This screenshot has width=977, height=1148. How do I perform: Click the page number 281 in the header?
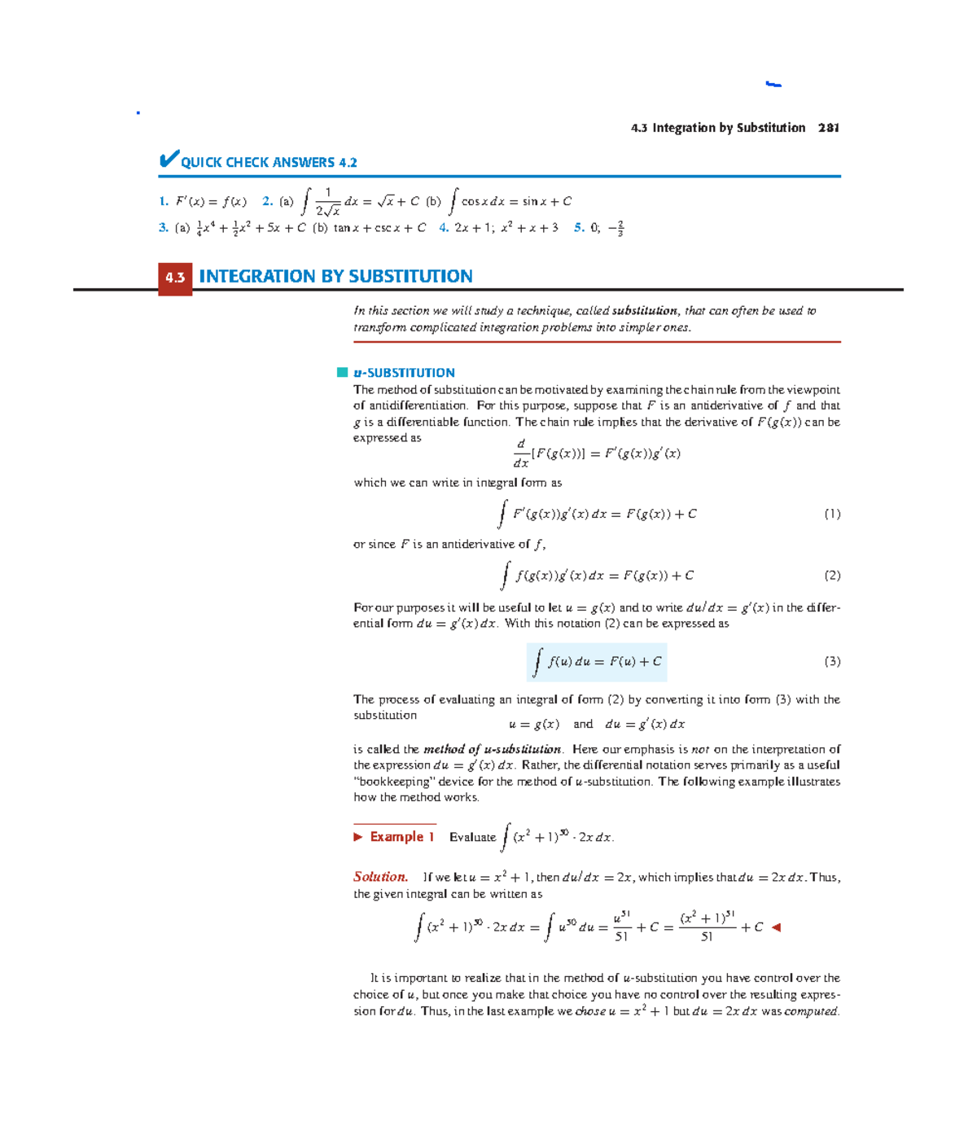pos(828,128)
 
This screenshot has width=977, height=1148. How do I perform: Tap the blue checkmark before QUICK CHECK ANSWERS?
pos(169,159)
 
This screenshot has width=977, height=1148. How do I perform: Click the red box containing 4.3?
pos(175,278)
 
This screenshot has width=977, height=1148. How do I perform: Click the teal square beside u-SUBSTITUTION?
pos(342,373)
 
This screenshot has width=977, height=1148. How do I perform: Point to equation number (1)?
pos(831,514)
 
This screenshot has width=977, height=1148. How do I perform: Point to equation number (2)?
pos(831,576)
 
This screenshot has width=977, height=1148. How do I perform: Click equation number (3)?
pos(831,662)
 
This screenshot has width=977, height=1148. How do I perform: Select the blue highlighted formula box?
pos(597,662)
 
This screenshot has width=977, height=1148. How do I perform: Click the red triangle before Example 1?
pos(358,837)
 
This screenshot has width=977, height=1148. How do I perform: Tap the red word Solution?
pos(380,877)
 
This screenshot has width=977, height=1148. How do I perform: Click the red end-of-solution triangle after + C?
pos(776,927)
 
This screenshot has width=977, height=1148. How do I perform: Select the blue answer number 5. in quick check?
pos(579,228)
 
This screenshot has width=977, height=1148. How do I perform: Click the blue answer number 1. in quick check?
pos(164,201)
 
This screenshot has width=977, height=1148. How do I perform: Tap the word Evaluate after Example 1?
pos(472,837)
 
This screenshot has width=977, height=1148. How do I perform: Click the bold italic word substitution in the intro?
pos(644,311)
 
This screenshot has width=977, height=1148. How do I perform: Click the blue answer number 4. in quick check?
pos(444,228)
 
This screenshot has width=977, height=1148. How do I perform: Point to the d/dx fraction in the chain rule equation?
pos(521,454)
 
